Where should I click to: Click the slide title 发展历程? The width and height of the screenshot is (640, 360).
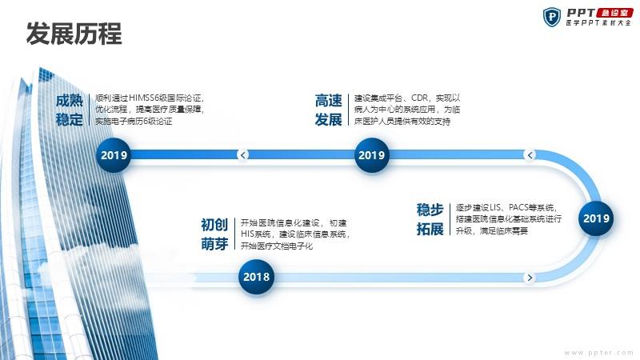pyautogui.click(x=74, y=34)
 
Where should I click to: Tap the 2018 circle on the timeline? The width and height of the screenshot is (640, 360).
pyautogui.click(x=256, y=277)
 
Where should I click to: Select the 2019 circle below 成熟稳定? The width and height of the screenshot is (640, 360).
pyautogui.click(x=114, y=155)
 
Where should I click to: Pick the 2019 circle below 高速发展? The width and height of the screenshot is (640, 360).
pyautogui.click(x=371, y=155)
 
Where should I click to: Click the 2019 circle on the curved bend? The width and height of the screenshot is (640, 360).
pyautogui.click(x=596, y=218)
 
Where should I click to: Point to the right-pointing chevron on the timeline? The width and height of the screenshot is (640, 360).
pyautogui.click(x=530, y=278)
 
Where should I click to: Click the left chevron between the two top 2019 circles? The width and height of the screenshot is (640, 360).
pyautogui.click(x=243, y=154)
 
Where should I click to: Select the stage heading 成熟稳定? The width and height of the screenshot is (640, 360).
pyautogui.click(x=70, y=110)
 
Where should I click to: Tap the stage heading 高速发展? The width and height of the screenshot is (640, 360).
pyautogui.click(x=328, y=110)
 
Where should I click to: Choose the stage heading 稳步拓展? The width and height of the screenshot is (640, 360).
pyautogui.click(x=430, y=219)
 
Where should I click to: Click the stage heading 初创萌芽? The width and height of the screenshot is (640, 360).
pyautogui.click(x=214, y=234)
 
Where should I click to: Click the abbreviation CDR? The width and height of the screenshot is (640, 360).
pyautogui.click(x=419, y=98)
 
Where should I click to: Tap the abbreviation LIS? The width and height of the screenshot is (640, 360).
pyautogui.click(x=495, y=207)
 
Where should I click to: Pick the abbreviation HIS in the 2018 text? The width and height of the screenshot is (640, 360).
pyautogui.click(x=247, y=234)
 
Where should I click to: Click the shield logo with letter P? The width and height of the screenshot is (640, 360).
pyautogui.click(x=552, y=17)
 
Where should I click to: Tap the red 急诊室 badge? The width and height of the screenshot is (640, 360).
pyautogui.click(x=614, y=13)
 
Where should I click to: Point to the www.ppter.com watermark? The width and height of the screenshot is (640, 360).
pyautogui.click(x=598, y=353)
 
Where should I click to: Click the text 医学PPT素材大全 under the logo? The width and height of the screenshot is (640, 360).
pyautogui.click(x=598, y=23)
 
